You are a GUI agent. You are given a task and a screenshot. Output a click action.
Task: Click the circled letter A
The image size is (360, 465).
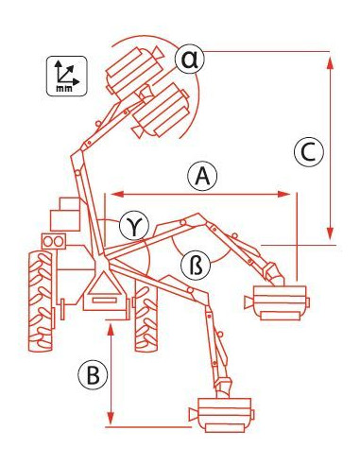(x=200, y=175)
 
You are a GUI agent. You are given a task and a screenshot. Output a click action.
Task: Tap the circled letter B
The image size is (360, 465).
(x=92, y=375)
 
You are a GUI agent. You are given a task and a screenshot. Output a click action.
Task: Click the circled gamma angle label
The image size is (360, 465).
(x=131, y=225)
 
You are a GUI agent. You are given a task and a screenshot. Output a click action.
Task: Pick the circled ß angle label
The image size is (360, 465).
(x=189, y=267)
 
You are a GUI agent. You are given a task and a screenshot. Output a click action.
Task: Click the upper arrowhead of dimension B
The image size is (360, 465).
(x=111, y=328)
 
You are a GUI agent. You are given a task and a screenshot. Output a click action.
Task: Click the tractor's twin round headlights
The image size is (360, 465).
(x=53, y=243)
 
